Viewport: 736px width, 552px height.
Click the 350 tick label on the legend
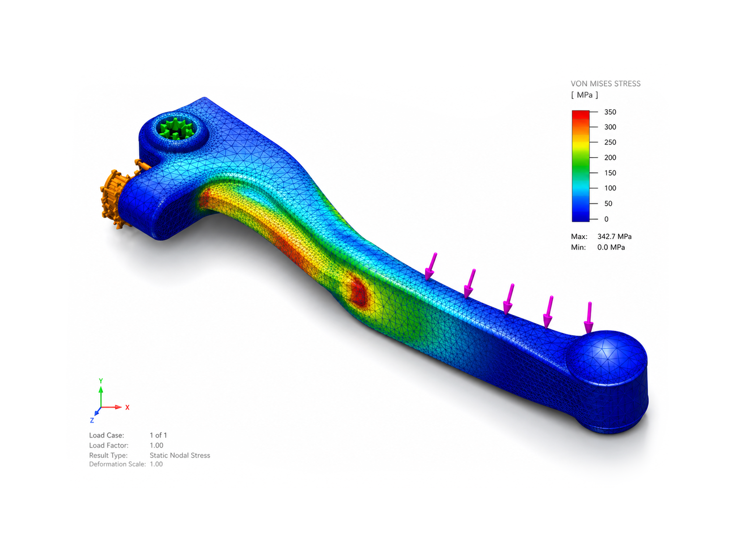pyautogui.click(x=610, y=112)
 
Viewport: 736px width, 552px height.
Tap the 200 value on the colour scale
pyautogui.click(x=610, y=158)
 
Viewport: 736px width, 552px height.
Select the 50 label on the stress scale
pyautogui.click(x=608, y=204)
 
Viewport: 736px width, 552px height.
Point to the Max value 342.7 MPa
pyautogui.click(x=614, y=236)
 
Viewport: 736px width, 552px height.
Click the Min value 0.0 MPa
pyautogui.click(x=611, y=247)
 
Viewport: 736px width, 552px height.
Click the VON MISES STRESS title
pyautogui.click(x=605, y=84)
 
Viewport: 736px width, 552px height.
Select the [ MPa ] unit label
pyautogui.click(x=584, y=95)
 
